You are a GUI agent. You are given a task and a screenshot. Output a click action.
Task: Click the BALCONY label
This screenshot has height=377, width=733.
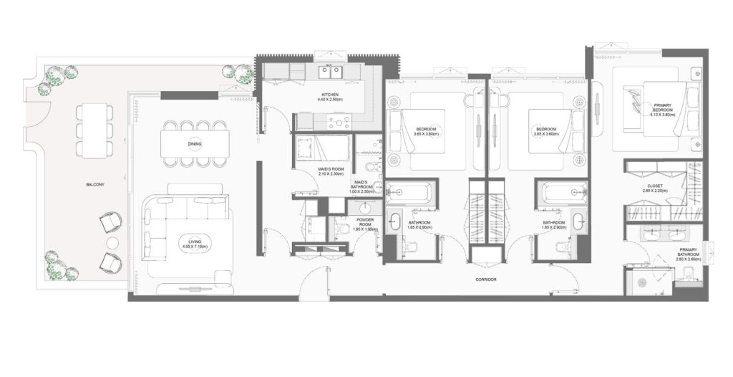point(95,185)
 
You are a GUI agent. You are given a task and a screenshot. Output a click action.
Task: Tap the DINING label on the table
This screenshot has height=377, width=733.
point(195,144)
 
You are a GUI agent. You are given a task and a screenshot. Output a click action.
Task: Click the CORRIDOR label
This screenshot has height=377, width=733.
point(485,279)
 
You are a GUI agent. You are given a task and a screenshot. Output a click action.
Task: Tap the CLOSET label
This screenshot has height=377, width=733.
point(654,186)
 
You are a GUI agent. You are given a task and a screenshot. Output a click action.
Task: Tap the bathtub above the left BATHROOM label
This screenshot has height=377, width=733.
point(409,193)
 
